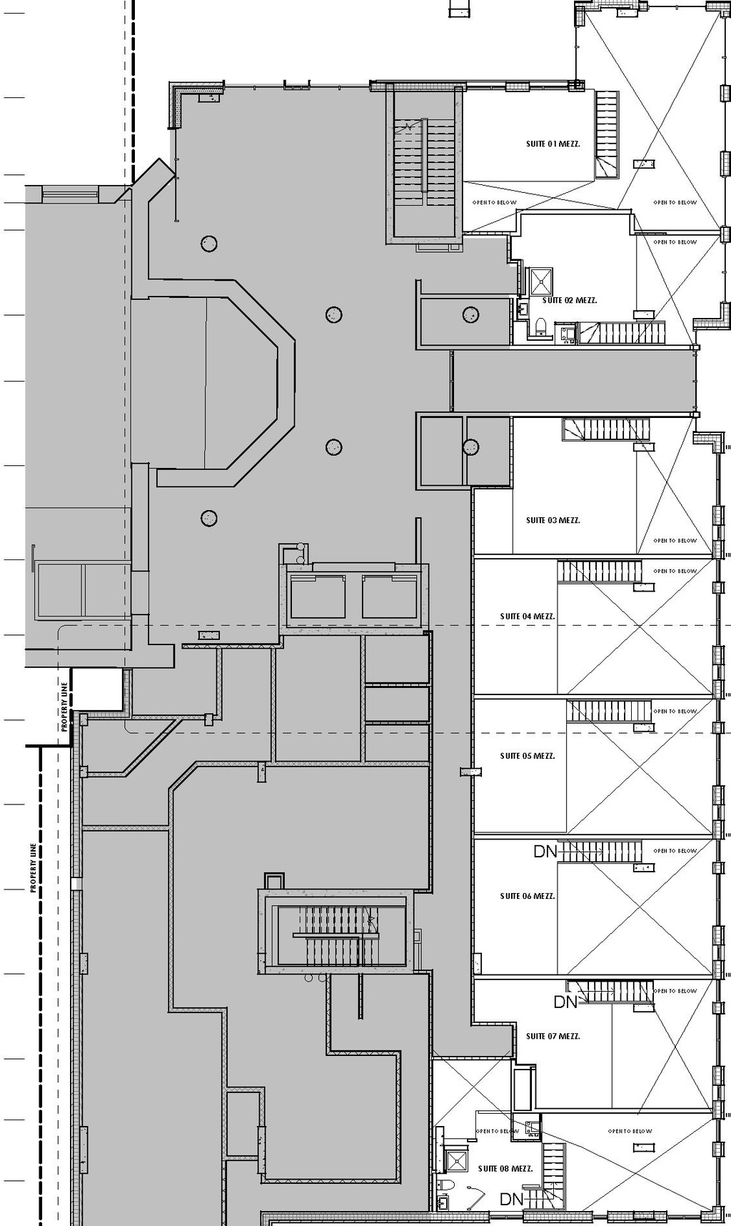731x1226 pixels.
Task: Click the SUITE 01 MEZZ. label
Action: (x=553, y=144)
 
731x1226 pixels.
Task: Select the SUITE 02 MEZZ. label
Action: (x=570, y=301)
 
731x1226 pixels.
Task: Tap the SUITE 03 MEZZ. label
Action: (x=553, y=520)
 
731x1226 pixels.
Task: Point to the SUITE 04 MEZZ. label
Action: (x=527, y=616)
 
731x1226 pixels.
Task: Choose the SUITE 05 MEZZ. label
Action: (x=527, y=756)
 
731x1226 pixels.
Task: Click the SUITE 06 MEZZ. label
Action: (x=527, y=896)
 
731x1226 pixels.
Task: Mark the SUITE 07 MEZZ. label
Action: (x=553, y=1036)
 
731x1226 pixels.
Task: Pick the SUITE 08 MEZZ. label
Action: (x=505, y=1169)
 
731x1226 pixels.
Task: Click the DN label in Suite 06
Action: (x=545, y=852)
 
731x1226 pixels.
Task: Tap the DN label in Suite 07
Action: (x=565, y=1002)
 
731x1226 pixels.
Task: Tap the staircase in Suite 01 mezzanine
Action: (x=607, y=132)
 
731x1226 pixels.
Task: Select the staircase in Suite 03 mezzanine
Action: (x=607, y=429)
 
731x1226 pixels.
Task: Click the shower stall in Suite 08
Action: (x=455, y=1157)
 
